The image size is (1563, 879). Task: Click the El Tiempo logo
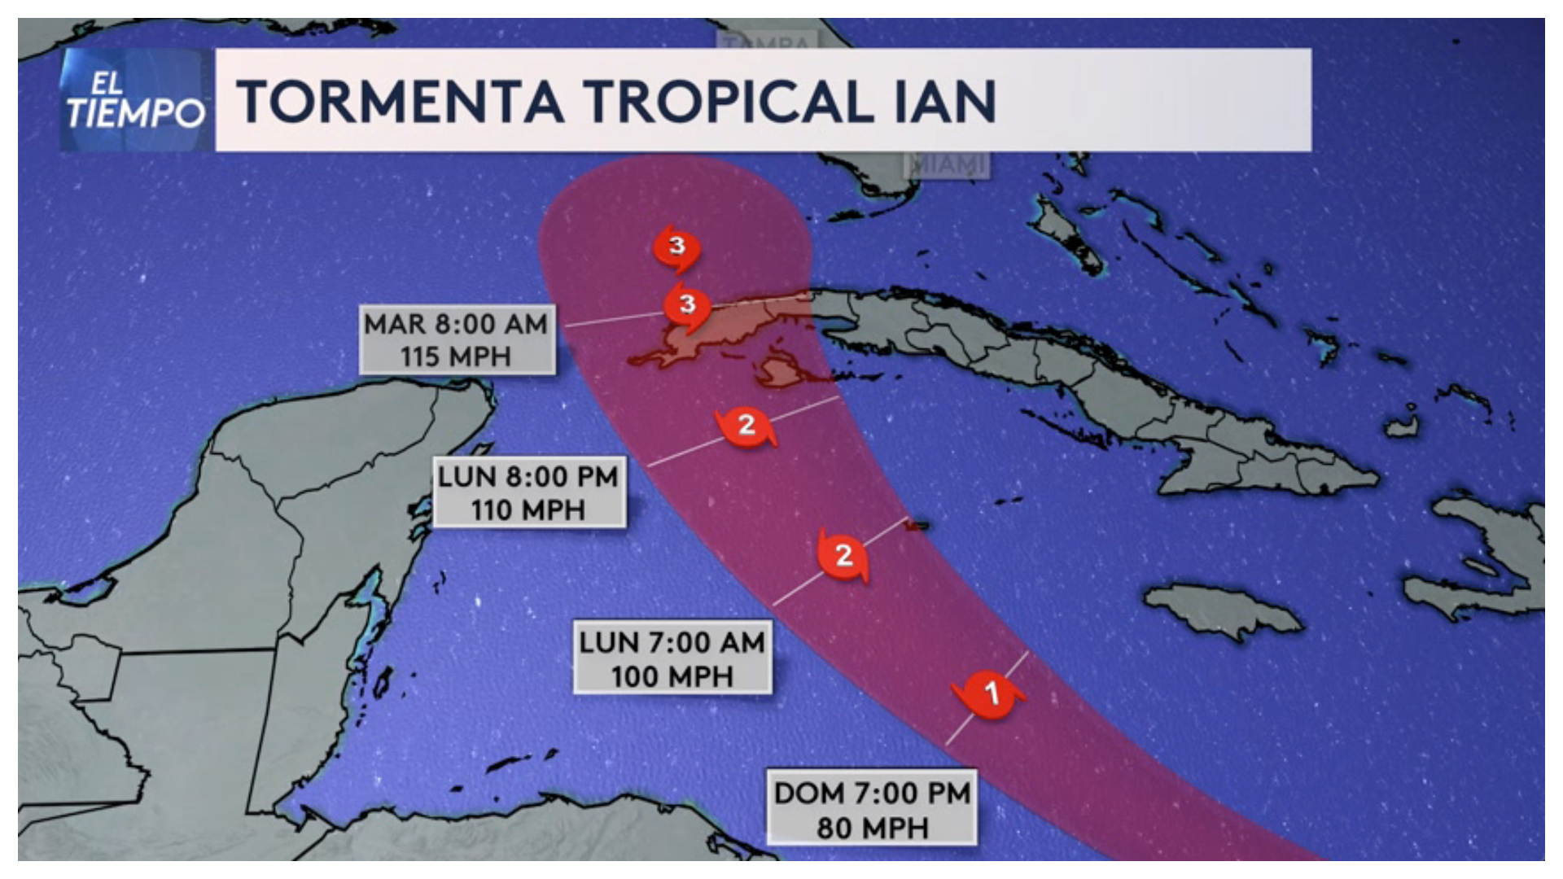134,100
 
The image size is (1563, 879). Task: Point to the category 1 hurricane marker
990,694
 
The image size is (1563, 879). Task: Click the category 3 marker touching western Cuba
687,305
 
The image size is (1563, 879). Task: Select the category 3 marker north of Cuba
676,246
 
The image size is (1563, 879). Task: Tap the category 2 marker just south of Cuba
746,425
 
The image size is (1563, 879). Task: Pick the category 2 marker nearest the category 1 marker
843,555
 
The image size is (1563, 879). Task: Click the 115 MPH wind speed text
456,356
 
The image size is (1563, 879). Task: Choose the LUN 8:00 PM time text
528,476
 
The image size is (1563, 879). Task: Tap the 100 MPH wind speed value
672,676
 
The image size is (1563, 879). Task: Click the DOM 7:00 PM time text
872,793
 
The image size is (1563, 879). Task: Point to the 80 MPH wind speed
872,828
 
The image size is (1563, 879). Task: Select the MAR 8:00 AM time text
456,324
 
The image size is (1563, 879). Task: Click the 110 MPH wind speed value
528,510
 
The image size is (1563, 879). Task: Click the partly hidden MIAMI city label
947,165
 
